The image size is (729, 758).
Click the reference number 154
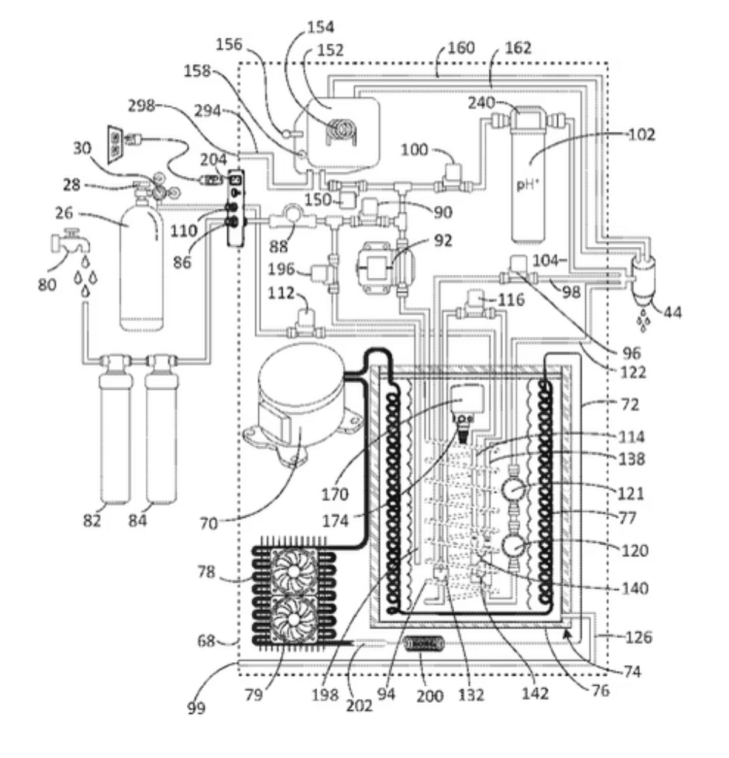[x=321, y=27]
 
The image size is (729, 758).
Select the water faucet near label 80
[x=71, y=241]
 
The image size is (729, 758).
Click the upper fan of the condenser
[x=294, y=571]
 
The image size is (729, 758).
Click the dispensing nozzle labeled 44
[x=643, y=280]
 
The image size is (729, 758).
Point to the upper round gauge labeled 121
[x=512, y=491]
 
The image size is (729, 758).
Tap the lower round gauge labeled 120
[x=512, y=546]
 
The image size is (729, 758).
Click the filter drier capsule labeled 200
[x=424, y=644]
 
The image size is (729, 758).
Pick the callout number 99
[x=197, y=708]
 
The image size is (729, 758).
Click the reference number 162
[x=518, y=48]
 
